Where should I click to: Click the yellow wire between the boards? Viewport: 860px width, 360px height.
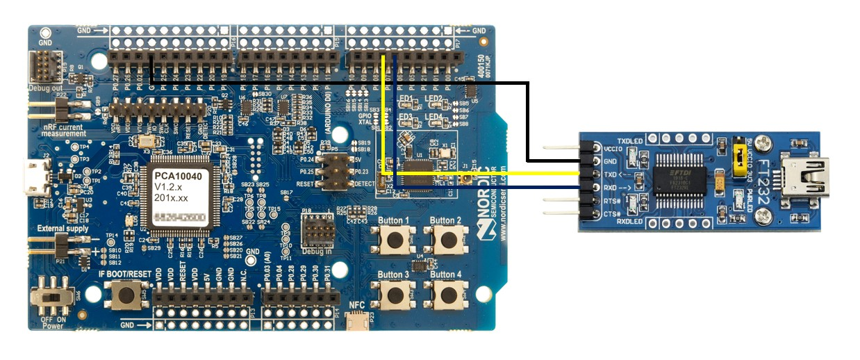point(486,173)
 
